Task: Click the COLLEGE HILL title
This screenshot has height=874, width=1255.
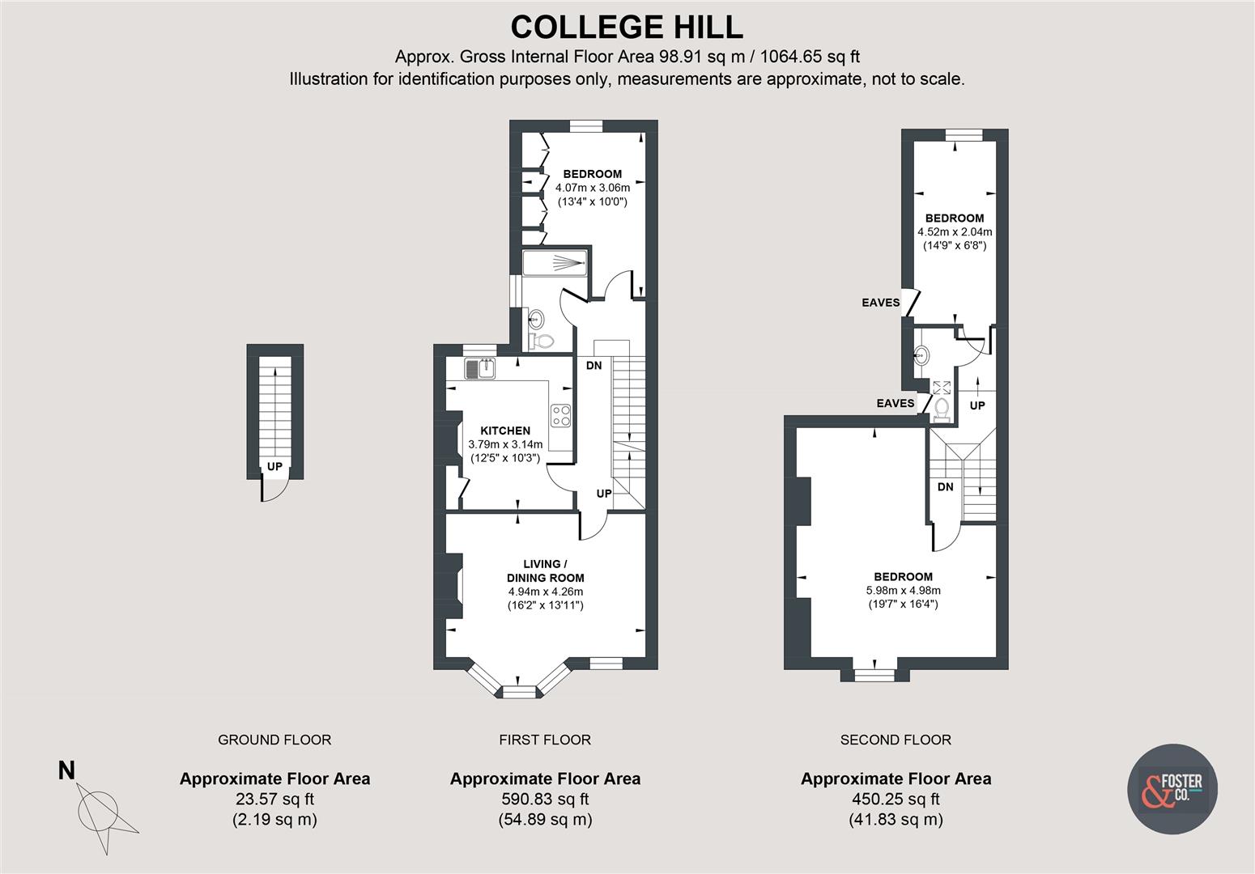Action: pos(627,27)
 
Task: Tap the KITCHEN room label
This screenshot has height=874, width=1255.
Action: pos(505,431)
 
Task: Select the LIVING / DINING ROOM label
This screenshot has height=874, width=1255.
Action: pos(545,571)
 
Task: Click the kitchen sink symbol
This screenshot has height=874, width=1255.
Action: pos(481,369)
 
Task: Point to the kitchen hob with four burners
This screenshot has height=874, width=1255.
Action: pos(561,415)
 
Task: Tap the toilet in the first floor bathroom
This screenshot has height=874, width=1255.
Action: pos(542,342)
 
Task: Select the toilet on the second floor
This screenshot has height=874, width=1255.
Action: pos(941,409)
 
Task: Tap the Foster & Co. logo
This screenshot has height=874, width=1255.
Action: pos(1172,789)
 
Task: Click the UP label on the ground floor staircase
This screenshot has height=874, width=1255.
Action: pos(274,467)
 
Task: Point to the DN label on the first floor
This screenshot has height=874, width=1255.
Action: pos(593,366)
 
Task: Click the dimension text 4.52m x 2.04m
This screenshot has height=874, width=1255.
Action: pos(955,231)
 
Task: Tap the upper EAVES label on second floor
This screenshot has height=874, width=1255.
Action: pos(880,303)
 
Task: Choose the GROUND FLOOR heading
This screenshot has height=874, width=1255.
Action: pos(274,740)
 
